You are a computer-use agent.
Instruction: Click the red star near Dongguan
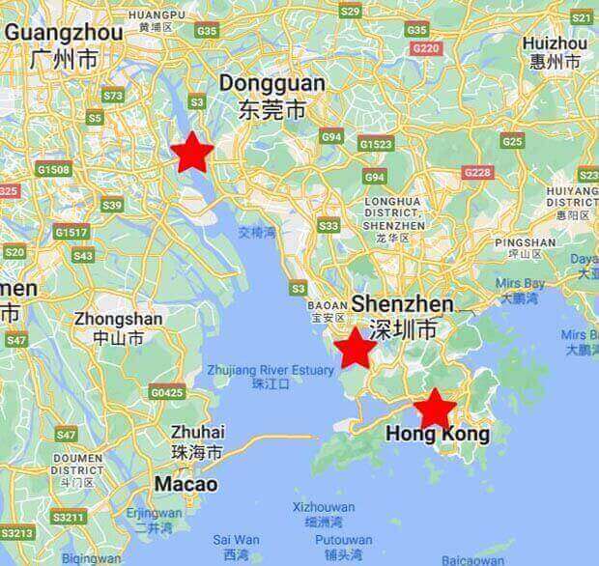[x=192, y=152]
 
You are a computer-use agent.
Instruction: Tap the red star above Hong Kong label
[x=435, y=409]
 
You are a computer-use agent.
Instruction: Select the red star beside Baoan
[x=355, y=349]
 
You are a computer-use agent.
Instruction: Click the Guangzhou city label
[x=64, y=32]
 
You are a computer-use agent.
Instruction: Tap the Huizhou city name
[x=554, y=43]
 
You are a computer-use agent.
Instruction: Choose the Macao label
[x=187, y=483]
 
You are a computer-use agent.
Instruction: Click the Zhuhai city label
[x=197, y=432]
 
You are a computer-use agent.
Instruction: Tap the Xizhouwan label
[x=323, y=506]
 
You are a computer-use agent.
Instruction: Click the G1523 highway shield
[x=375, y=144]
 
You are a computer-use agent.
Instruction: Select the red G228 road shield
[x=477, y=172]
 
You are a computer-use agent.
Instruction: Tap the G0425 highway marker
[x=167, y=392]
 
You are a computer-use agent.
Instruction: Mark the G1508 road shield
[x=53, y=170]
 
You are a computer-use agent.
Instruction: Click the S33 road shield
[x=328, y=226]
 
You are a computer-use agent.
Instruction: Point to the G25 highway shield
[x=512, y=141]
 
